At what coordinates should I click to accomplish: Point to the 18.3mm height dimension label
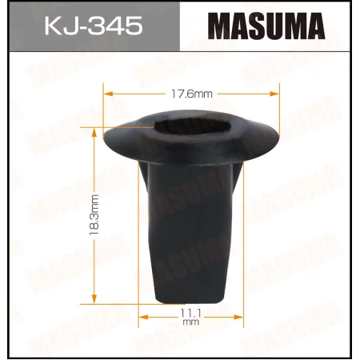tap(94, 214)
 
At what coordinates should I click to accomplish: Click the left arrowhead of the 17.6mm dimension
tap(107, 93)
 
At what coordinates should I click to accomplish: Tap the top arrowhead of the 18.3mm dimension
tap(94, 128)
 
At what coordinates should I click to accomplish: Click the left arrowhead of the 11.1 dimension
tap(142, 316)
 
